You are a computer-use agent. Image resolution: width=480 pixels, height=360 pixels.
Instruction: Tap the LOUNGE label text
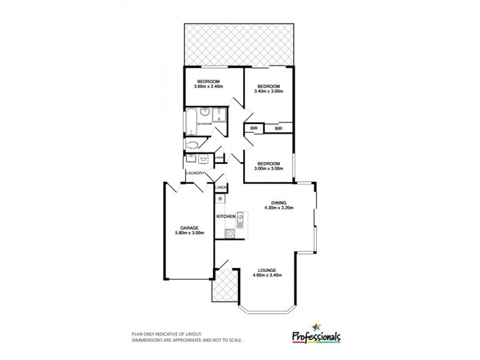(x=268, y=269)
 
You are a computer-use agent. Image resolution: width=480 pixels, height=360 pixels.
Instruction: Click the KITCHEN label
(x=226, y=216)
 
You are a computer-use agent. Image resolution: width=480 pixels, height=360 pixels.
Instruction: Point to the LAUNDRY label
(x=196, y=173)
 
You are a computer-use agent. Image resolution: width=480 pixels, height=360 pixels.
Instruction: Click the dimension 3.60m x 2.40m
(x=208, y=86)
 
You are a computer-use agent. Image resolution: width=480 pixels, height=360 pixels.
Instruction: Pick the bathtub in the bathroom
(x=191, y=121)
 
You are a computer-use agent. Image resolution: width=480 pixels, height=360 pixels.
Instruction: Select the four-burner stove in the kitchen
(x=229, y=233)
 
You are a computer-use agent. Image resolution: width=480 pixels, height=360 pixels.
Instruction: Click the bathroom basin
(x=205, y=112)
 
